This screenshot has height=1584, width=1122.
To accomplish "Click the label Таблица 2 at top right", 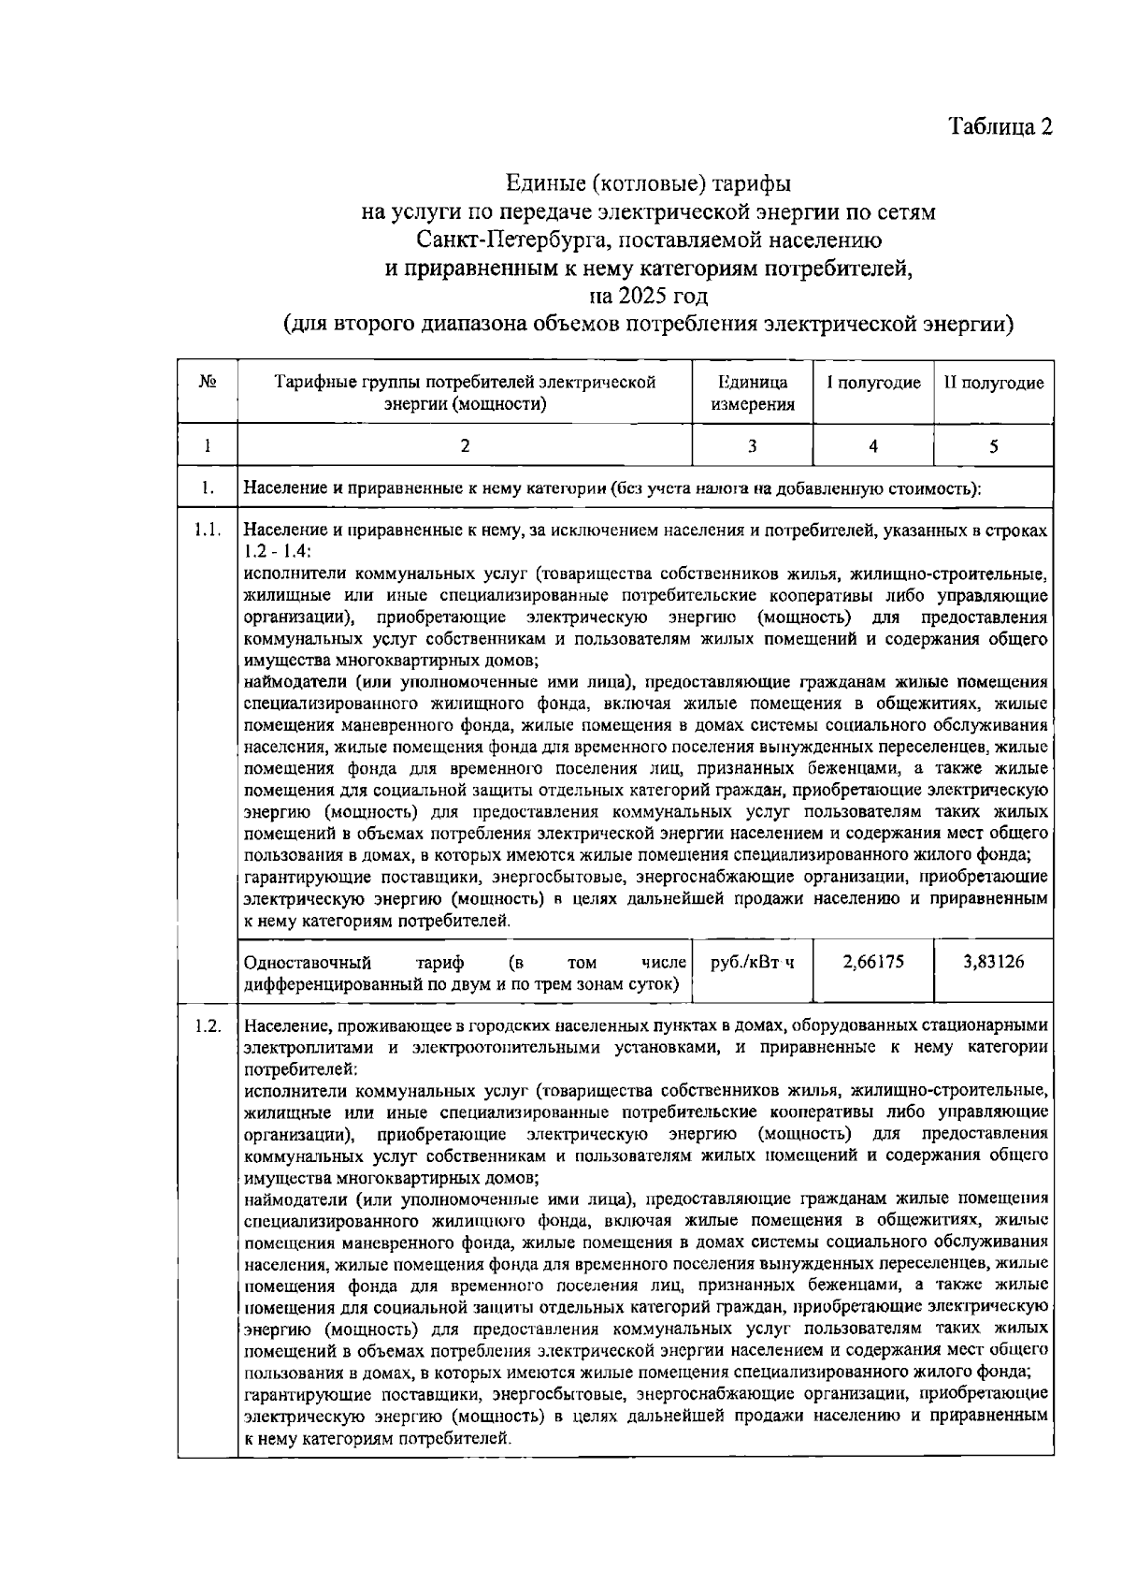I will [1000, 126].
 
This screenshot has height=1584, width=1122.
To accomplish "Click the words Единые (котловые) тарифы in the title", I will [648, 181].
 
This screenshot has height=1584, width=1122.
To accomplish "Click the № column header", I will [208, 383].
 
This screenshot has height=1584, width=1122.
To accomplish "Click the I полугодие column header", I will [872, 383].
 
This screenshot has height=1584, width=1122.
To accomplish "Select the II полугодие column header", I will [993, 383].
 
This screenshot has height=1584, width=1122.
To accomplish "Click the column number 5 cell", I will [994, 446].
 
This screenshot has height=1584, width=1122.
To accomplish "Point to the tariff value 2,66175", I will [873, 962].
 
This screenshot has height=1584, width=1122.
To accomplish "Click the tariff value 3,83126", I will [994, 962].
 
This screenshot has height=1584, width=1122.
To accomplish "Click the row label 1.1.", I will [208, 530].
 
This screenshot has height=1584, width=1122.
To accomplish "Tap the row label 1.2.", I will [208, 1025].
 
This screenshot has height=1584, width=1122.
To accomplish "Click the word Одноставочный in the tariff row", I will [307, 963].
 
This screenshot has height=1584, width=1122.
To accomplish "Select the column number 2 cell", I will [465, 446].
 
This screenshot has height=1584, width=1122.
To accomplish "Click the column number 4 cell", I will [872, 446].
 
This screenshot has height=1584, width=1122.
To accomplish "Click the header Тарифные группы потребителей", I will [465, 383].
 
